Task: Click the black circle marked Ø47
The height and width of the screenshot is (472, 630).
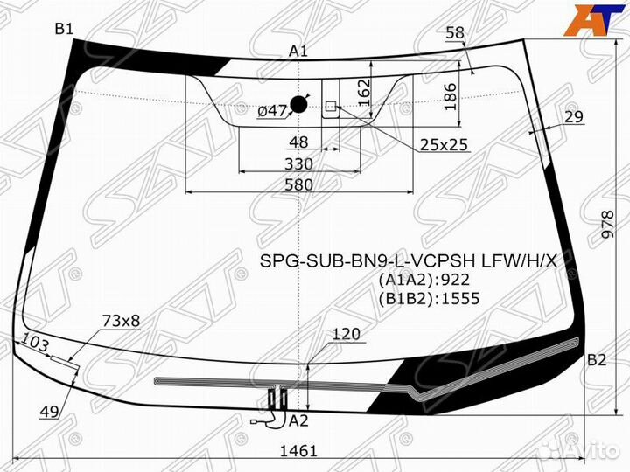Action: (x=298, y=105)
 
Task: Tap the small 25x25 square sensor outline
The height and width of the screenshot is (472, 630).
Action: (x=331, y=106)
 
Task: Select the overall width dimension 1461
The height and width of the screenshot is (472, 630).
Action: (x=298, y=451)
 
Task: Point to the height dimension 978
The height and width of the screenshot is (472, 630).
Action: (x=607, y=225)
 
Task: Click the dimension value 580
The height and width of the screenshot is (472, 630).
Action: (x=298, y=184)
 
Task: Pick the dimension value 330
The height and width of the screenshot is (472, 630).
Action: (x=298, y=163)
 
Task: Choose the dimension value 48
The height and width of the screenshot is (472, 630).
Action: (x=298, y=142)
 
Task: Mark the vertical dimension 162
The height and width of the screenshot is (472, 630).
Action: (x=364, y=93)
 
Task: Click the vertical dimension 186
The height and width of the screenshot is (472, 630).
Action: (x=451, y=97)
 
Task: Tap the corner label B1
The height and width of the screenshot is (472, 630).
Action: (x=64, y=29)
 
